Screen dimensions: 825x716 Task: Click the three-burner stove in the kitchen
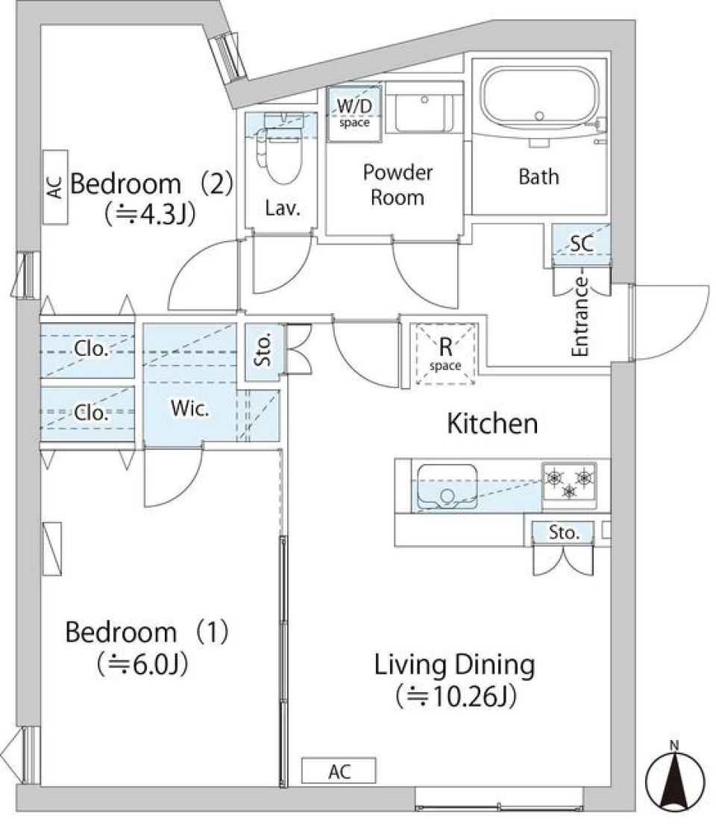click(x=569, y=482)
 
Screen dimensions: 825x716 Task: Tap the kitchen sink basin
click(x=447, y=486)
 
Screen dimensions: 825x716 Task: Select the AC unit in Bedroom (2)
click(x=54, y=186)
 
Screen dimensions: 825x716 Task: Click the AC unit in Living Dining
click(x=339, y=771)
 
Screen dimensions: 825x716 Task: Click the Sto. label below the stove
click(x=564, y=533)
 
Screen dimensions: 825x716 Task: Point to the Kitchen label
click(x=492, y=424)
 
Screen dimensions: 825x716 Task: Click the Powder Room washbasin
click(x=424, y=112)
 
